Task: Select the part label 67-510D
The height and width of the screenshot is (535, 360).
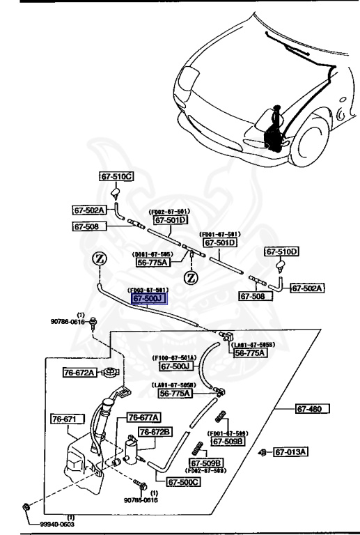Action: point(281,251)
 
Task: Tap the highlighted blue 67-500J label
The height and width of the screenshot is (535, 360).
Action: point(148,299)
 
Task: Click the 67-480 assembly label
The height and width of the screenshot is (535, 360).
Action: point(311,408)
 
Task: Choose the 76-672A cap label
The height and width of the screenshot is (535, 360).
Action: point(79,373)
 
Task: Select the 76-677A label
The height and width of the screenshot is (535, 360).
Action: point(143,417)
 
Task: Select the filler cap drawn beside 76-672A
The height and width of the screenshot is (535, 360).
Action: point(108,372)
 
